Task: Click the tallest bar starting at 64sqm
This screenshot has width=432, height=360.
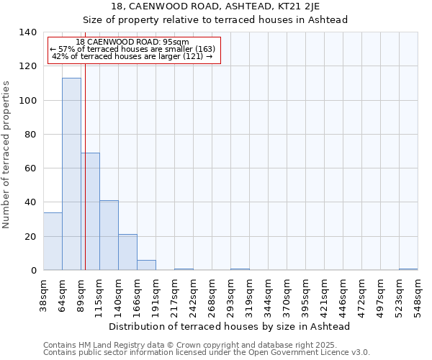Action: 71,174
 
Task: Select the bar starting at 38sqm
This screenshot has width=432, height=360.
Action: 53,241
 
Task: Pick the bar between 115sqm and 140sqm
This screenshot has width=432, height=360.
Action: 109,235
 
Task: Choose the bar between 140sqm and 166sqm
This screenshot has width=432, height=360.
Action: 127,252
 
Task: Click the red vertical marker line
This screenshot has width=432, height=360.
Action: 85,180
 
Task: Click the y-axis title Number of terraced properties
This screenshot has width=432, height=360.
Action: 6,155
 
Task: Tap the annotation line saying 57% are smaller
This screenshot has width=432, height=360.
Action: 132,49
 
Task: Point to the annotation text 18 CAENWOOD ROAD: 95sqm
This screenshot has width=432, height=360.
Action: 132,42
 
